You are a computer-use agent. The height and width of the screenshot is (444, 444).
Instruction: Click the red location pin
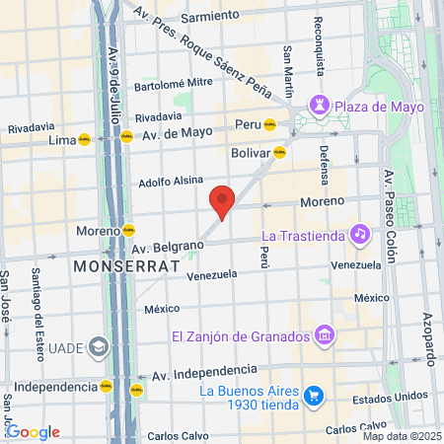click(222, 201)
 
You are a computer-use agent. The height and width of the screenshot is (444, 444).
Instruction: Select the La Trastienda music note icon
click(361, 234)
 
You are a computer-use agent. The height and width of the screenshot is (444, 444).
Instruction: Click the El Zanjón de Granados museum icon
click(325, 337)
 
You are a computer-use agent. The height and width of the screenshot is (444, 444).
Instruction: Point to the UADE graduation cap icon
click(99, 347)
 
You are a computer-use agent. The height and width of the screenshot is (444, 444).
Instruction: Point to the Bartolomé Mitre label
click(174, 81)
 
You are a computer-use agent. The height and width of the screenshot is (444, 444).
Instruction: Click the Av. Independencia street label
click(198, 373)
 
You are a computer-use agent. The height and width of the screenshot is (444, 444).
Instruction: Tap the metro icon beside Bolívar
click(280, 152)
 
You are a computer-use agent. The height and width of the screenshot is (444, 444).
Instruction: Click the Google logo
click(32, 431)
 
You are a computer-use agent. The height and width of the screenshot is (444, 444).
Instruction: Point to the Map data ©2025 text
click(401, 436)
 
